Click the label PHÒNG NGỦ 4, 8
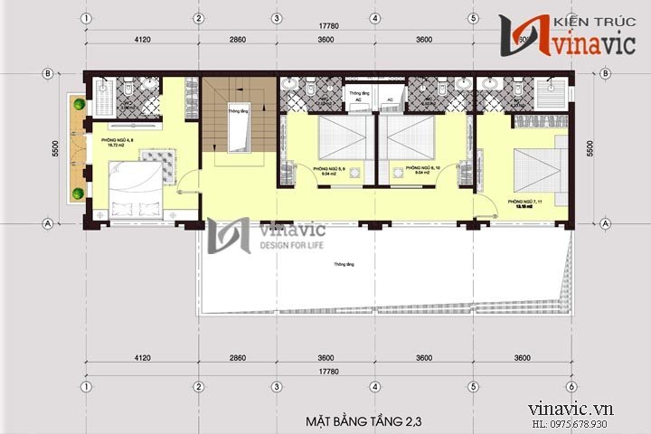(x=102, y=139)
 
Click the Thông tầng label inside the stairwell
(x=238, y=111)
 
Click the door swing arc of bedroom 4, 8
(x=184, y=184)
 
